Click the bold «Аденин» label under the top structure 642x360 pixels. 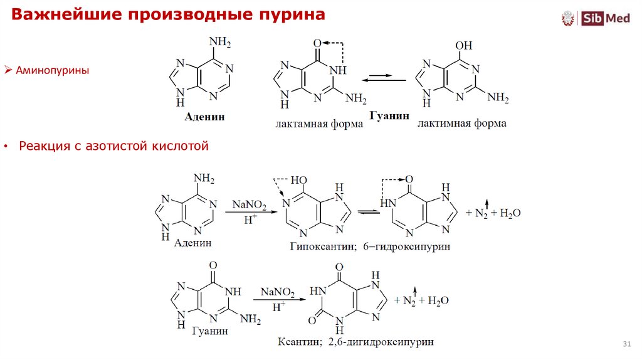[204, 117]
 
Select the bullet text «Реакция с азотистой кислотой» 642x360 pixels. [113, 146]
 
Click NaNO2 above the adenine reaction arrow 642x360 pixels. [249, 205]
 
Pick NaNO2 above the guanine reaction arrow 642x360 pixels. [278, 293]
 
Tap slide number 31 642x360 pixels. [626, 344]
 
